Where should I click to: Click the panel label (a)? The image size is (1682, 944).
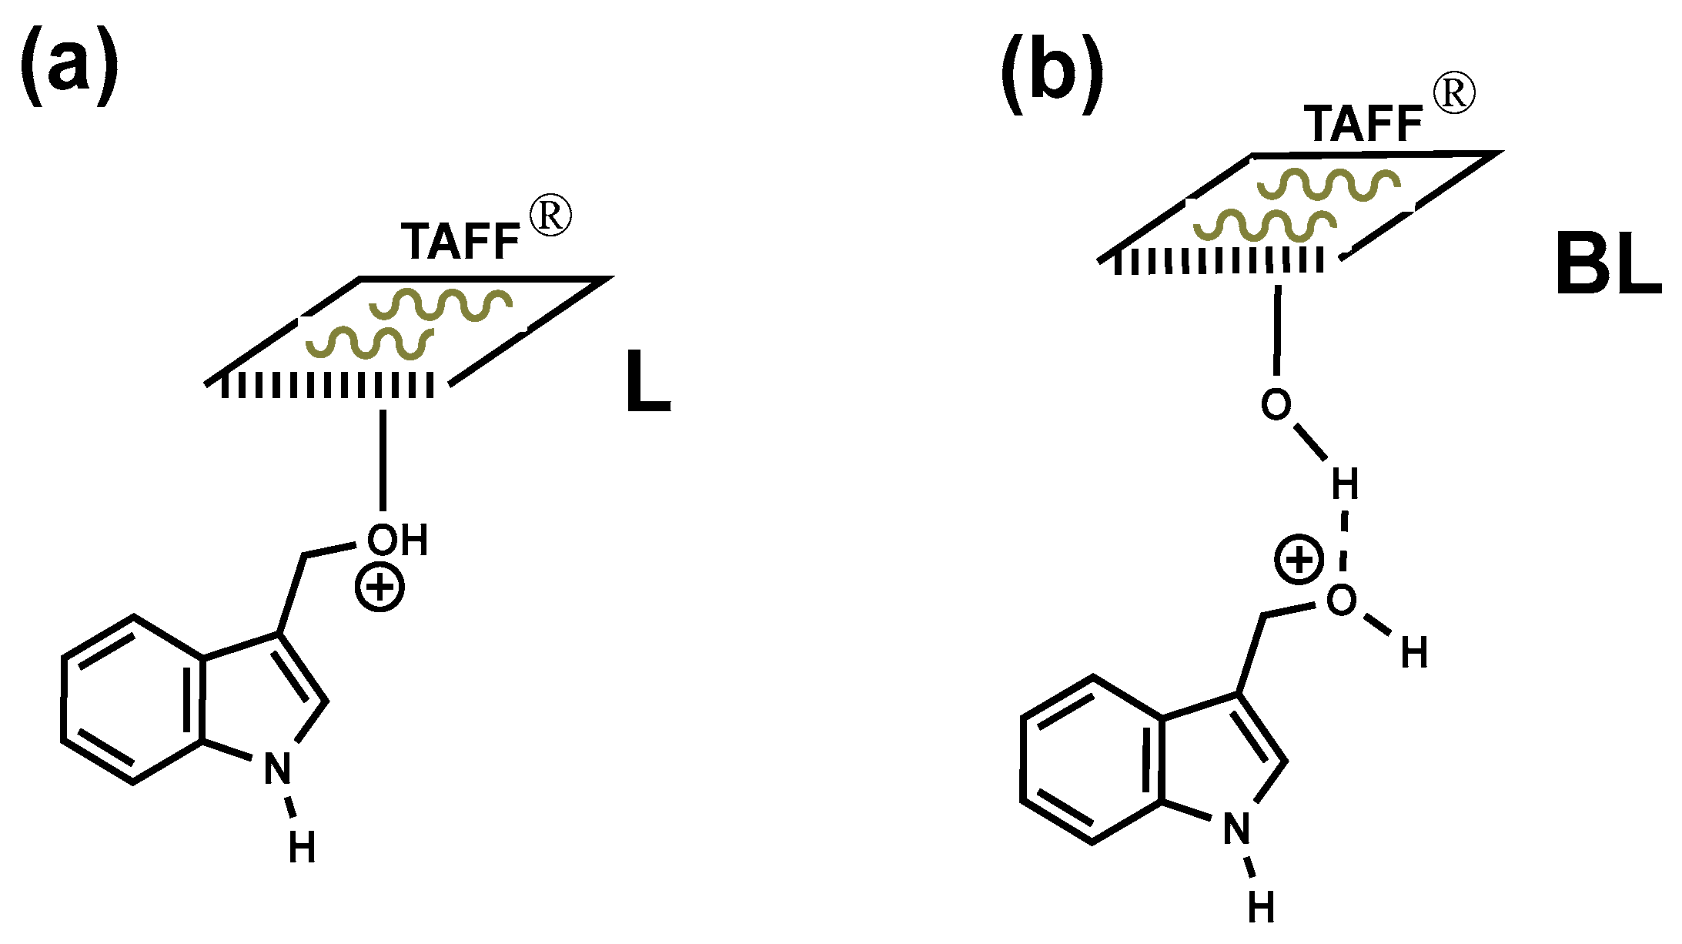(69, 65)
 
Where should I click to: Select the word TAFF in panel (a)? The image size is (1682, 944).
(460, 242)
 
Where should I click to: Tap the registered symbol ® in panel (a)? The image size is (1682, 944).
(551, 216)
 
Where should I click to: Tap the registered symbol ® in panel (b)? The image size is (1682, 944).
(1454, 94)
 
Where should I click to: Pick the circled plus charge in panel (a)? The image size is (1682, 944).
(380, 589)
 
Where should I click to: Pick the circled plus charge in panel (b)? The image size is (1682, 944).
(1299, 560)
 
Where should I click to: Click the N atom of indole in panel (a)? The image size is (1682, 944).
(277, 768)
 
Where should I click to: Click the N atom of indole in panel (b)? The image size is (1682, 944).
(1237, 829)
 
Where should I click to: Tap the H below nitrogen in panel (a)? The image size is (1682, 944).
(303, 849)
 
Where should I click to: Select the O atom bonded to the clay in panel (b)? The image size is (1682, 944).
(1276, 405)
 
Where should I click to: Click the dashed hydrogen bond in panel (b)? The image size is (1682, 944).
(1343, 547)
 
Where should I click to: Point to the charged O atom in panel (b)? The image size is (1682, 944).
(1341, 600)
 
